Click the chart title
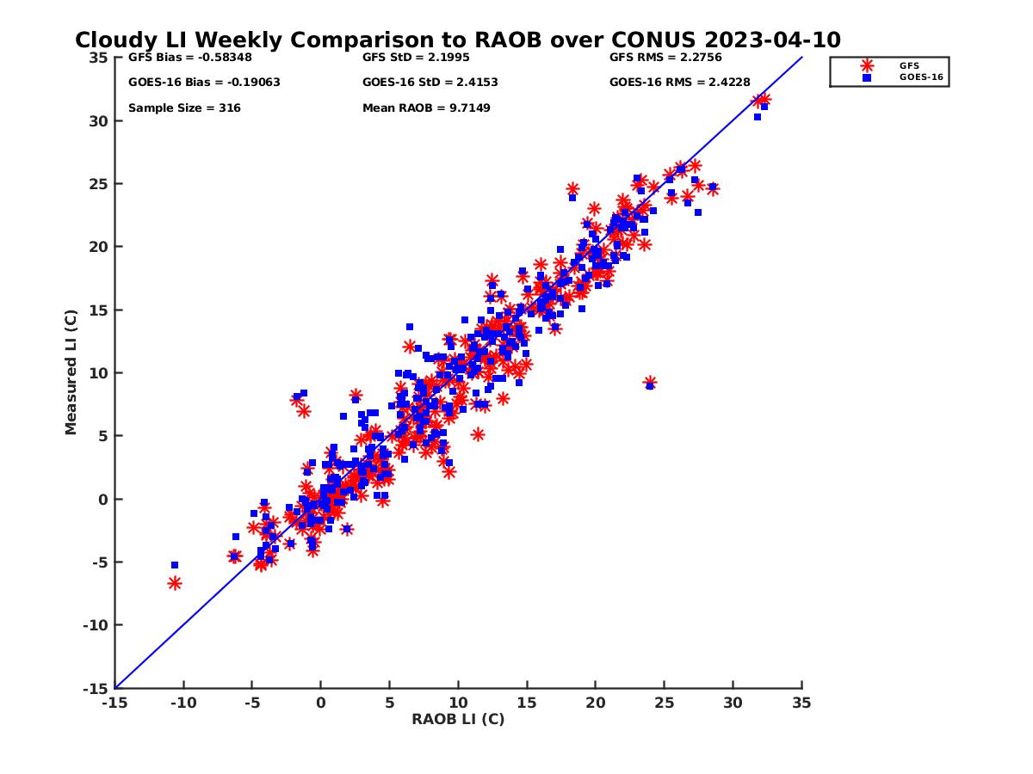pos(458,40)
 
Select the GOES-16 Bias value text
pos(204,83)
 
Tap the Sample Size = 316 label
pos(184,108)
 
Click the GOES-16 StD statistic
pos(430,83)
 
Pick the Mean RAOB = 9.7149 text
pos(426,108)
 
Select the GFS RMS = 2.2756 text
pos(665,58)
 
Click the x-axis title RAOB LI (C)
pos(458,719)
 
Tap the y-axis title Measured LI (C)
pos(71,372)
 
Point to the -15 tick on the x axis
pos(114,703)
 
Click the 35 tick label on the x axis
pos(801,703)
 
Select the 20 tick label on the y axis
pos(99,247)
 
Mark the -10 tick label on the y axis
pos(96,625)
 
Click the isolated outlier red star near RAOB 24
pos(650,383)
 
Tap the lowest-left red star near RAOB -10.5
pos(175,583)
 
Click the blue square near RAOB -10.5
pos(175,565)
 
